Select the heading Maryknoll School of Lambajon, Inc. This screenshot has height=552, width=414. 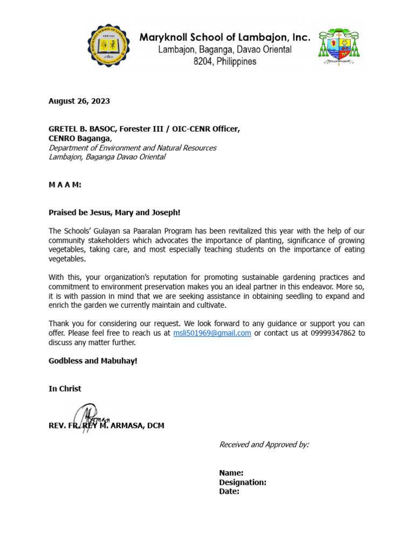(225, 38)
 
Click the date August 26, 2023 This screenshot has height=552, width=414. (79, 101)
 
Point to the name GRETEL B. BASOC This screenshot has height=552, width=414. (81, 129)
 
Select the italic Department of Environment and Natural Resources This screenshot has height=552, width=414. (132, 148)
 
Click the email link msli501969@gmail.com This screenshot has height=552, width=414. (212, 333)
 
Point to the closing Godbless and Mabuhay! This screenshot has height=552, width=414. (93, 361)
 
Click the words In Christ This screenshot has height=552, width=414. (65, 389)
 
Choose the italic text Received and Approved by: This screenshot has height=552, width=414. (264, 444)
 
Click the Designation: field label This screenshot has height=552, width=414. (243, 482)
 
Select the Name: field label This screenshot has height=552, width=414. (231, 473)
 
